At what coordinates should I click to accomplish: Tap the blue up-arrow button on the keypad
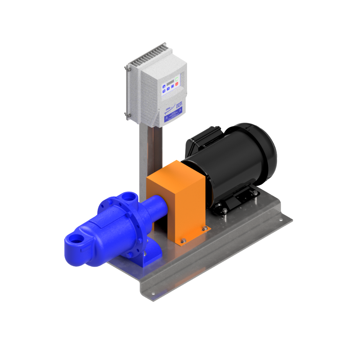coord(164,86)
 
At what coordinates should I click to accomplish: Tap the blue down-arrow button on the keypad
coord(164,91)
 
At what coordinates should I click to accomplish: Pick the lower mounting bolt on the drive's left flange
coord(127,115)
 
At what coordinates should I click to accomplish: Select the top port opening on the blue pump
coord(127,197)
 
